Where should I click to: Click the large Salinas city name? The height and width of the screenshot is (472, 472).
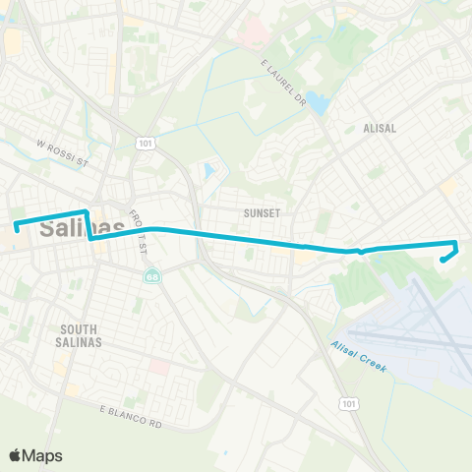tap(79, 228)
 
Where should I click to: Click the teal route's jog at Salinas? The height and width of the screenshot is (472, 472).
tap(89, 225)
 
